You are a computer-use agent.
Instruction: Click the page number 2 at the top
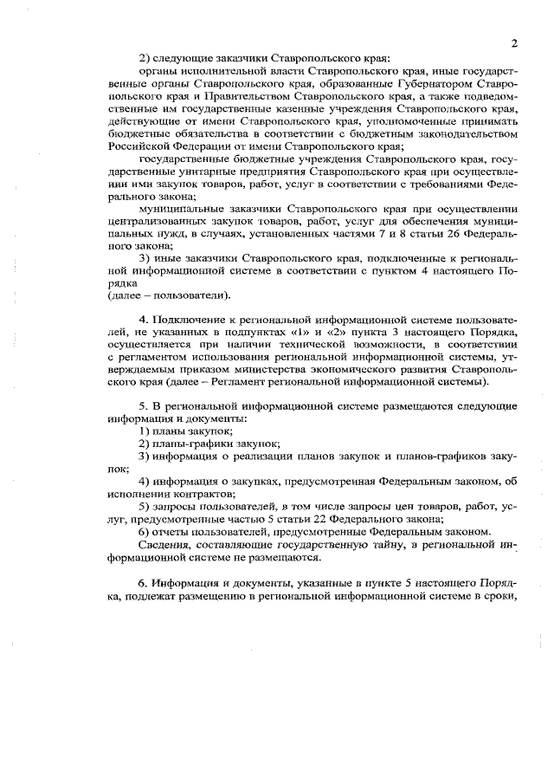[513, 42]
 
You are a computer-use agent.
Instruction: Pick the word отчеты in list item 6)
[175, 531]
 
